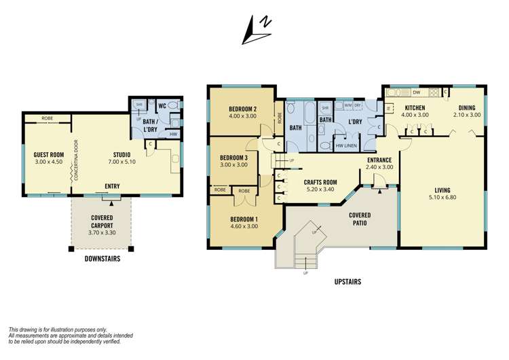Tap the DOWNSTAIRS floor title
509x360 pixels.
click(103, 259)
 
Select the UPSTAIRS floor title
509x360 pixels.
click(347, 281)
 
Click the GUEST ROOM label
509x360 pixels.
click(48, 155)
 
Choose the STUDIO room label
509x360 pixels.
click(121, 155)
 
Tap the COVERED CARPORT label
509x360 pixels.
click(102, 221)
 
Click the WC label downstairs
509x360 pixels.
click(162, 107)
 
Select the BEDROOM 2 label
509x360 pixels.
click(242, 109)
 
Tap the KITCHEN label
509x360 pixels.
click(415, 108)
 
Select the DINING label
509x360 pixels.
click(466, 108)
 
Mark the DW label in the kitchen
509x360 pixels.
click(417, 92)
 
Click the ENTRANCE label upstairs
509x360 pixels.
click(379, 160)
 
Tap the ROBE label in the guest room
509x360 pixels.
click(47, 118)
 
